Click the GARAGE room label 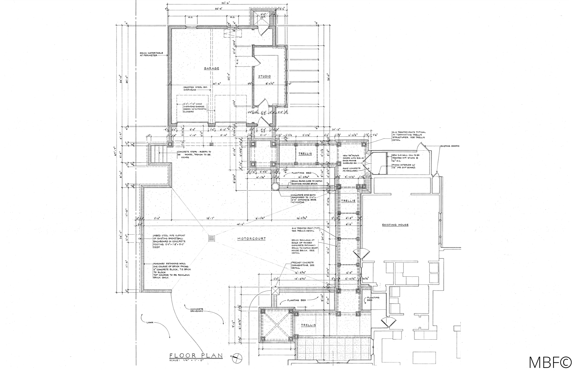[x=211, y=68]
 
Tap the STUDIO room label [x=264, y=76]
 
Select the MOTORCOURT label [x=251, y=239]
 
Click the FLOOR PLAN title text [x=196, y=356]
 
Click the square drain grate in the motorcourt [x=212, y=238]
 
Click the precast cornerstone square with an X [x=275, y=291]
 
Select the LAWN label [x=150, y=323]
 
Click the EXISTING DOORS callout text [x=450, y=146]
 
